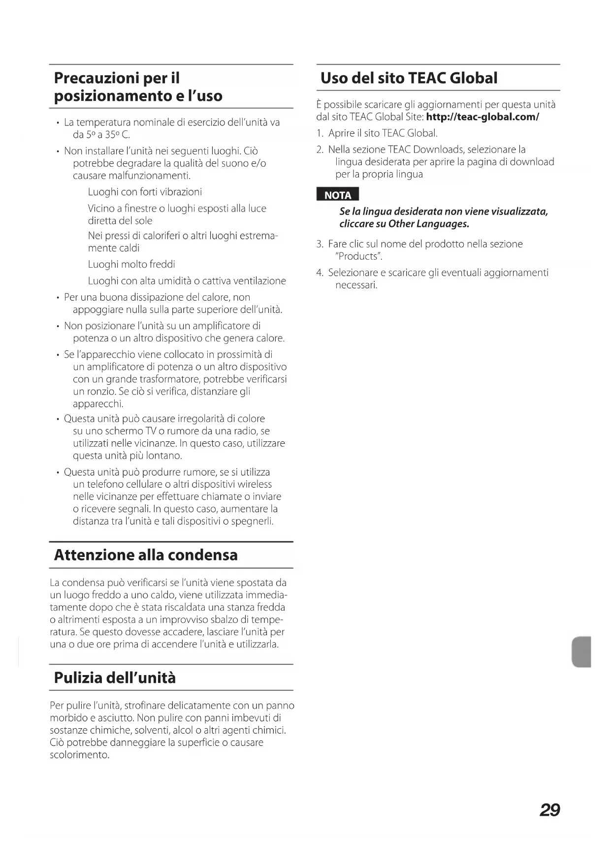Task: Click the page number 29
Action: pyautogui.click(x=549, y=810)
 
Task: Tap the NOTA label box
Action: pyautogui.click(x=338, y=195)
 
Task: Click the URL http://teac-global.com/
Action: pyautogui.click(x=482, y=117)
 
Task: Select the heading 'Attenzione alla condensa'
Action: pyautogui.click(x=146, y=555)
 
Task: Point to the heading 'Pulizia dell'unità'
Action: pyautogui.click(x=115, y=678)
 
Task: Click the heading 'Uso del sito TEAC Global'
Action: pyautogui.click(x=409, y=78)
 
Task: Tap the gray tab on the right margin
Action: pyautogui.click(x=581, y=651)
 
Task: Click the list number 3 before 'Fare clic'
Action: pyautogui.click(x=320, y=244)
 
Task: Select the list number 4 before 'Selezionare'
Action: pyautogui.click(x=320, y=273)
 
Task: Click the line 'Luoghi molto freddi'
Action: pyautogui.click(x=131, y=265)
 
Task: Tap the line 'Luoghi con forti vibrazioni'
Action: pyautogui.click(x=145, y=192)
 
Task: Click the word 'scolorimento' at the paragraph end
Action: pyautogui.click(x=78, y=755)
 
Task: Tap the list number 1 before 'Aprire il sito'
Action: pyautogui.click(x=320, y=133)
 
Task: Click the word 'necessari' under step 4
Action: pyautogui.click(x=355, y=285)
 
